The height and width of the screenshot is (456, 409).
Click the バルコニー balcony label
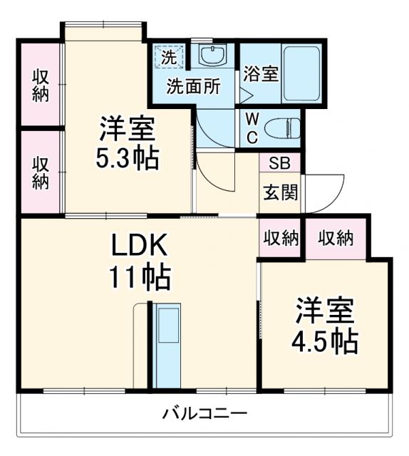204,413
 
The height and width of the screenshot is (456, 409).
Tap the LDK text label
139,247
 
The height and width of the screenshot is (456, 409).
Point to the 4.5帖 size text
325,341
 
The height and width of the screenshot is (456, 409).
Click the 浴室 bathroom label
260,74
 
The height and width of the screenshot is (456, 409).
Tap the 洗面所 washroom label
193,86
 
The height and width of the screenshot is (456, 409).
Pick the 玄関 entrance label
280,192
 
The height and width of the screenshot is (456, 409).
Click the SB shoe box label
279,162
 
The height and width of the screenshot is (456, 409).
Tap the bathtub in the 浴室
300,73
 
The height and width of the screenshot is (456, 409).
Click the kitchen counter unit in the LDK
168,346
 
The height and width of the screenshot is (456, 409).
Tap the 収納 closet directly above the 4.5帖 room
335,238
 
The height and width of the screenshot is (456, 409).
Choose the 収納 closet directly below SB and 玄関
279,238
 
